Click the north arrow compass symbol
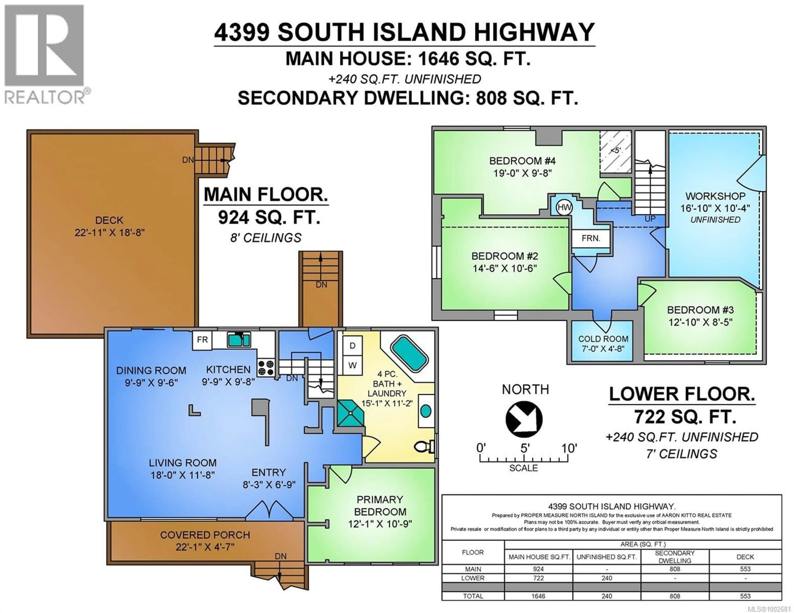(524, 419)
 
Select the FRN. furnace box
(591, 238)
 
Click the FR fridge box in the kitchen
(202, 340)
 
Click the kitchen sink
(239, 340)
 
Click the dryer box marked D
(352, 346)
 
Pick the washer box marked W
(352, 365)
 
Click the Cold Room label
(603, 339)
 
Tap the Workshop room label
(715, 196)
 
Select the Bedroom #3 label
(700, 310)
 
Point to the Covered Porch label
(205, 535)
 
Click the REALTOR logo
(44, 55)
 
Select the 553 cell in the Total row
(745, 596)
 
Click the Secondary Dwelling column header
(675, 557)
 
